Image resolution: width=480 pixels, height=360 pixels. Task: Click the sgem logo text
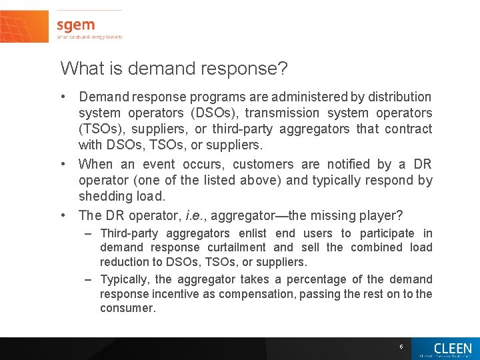75,25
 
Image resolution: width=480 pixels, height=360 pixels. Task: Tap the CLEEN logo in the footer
452,349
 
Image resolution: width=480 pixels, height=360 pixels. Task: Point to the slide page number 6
401,347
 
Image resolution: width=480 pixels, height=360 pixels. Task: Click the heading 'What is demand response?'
173,68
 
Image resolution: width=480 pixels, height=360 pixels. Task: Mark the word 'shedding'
105,196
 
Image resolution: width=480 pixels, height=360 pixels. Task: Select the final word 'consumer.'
128,308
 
